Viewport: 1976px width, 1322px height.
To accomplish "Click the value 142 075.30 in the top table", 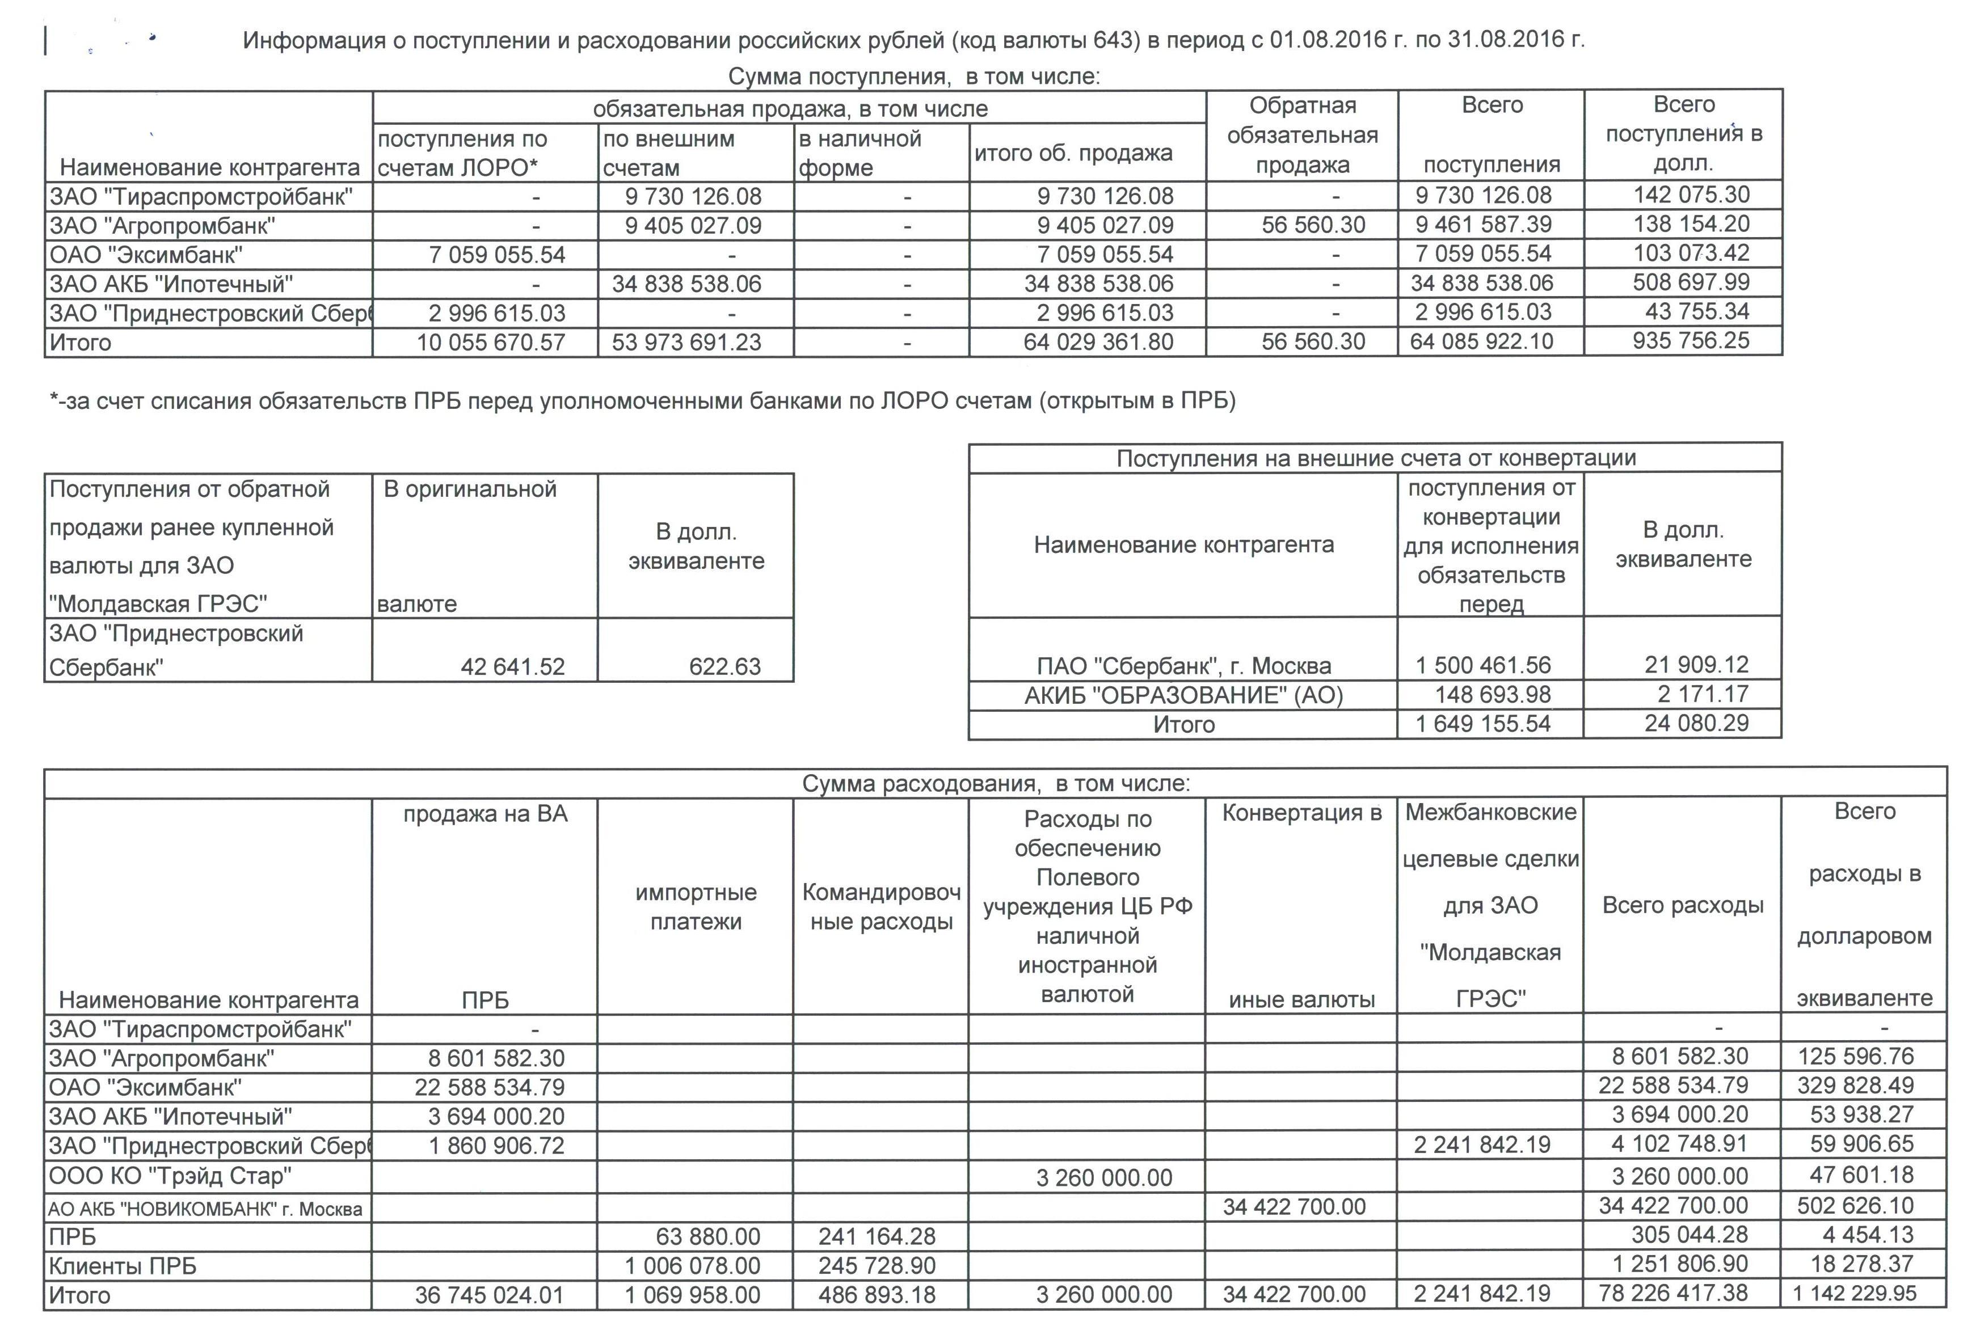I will click(1691, 195).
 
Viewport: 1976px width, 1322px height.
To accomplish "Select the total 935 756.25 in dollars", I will click(1691, 341).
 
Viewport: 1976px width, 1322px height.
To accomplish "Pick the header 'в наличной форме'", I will click(860, 153).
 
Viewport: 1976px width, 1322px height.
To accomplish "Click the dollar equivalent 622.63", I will click(724, 667).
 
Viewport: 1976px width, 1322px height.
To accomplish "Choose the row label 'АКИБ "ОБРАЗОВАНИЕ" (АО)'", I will click(1183, 695).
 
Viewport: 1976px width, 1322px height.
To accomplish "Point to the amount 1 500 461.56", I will click(1482, 665).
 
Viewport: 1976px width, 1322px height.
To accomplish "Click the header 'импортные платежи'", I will click(696, 906).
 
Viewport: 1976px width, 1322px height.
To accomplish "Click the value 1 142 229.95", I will click(1856, 1293).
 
